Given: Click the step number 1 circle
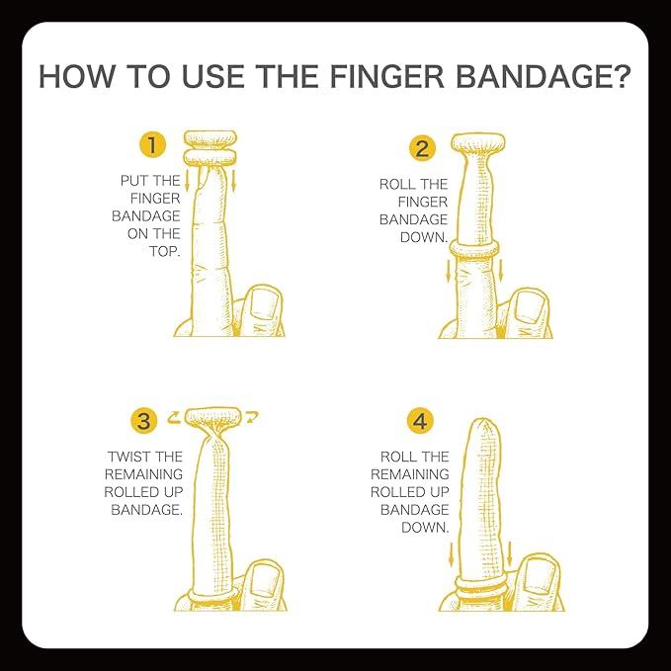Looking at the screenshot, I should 152,146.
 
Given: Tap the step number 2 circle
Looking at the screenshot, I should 422,149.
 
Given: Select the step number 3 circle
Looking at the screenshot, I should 144,421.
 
